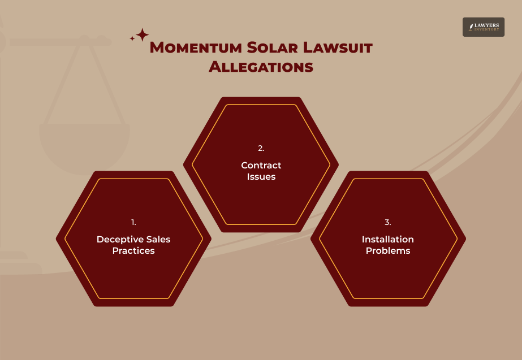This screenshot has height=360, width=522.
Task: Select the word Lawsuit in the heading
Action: pos(338,47)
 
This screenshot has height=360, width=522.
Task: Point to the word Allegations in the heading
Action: pos(261,67)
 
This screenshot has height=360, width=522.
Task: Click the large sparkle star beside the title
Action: pos(142,35)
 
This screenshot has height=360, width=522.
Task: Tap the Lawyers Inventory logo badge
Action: pos(483,27)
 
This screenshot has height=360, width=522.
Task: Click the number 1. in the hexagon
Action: pos(133,222)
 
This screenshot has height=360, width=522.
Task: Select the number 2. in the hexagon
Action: pos(261,149)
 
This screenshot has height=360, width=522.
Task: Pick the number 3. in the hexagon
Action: pos(388,222)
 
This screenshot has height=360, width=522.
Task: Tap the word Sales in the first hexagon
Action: pos(158,239)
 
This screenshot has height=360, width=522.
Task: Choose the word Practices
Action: pos(133,250)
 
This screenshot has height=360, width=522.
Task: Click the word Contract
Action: pos(261,165)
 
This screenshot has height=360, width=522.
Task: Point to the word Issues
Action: pos(261,176)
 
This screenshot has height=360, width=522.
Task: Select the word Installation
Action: pos(388,239)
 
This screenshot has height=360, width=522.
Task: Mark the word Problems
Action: pos(388,250)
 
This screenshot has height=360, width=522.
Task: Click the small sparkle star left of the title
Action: pos(132,38)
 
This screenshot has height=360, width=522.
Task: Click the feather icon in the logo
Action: pos(471,27)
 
